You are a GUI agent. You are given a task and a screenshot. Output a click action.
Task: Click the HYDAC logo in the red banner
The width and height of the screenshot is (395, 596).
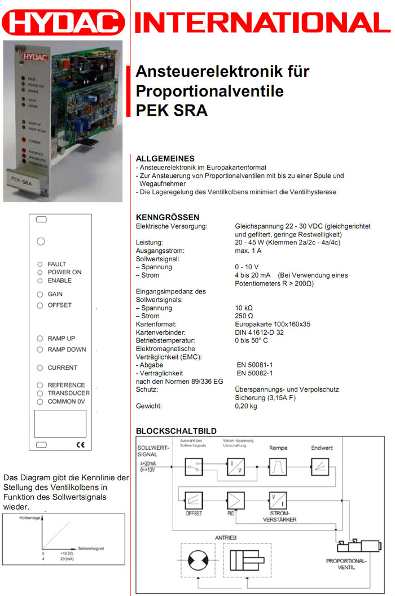coord(63,23)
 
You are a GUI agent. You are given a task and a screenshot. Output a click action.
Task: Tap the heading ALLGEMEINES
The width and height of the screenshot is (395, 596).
coord(165,159)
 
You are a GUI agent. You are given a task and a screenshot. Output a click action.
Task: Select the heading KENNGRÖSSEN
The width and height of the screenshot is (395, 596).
coord(168,217)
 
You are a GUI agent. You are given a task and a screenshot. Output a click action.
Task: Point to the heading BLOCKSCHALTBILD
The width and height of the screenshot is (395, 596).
coord(176,431)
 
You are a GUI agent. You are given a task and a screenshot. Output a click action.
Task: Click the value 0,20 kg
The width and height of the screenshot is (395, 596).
coord(246,406)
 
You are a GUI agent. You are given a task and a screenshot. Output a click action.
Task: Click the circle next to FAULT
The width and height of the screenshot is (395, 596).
coord(40,264)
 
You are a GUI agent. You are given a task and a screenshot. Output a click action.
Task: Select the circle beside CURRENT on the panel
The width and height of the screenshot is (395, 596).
coord(40,368)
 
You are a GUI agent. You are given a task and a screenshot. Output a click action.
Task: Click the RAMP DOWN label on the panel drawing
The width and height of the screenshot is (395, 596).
coord(67,349)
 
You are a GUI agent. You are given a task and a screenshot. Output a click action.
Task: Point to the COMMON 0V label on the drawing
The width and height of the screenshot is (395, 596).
coord(68,401)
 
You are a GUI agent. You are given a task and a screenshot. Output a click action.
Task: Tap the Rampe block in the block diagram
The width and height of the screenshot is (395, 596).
coord(278,467)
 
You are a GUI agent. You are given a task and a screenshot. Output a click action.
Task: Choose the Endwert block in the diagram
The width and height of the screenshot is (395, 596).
coord(319,467)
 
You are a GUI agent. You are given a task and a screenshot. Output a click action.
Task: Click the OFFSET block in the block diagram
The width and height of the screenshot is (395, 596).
coord(194,499)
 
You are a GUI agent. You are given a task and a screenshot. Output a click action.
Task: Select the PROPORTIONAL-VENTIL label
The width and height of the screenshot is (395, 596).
coord(346,564)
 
